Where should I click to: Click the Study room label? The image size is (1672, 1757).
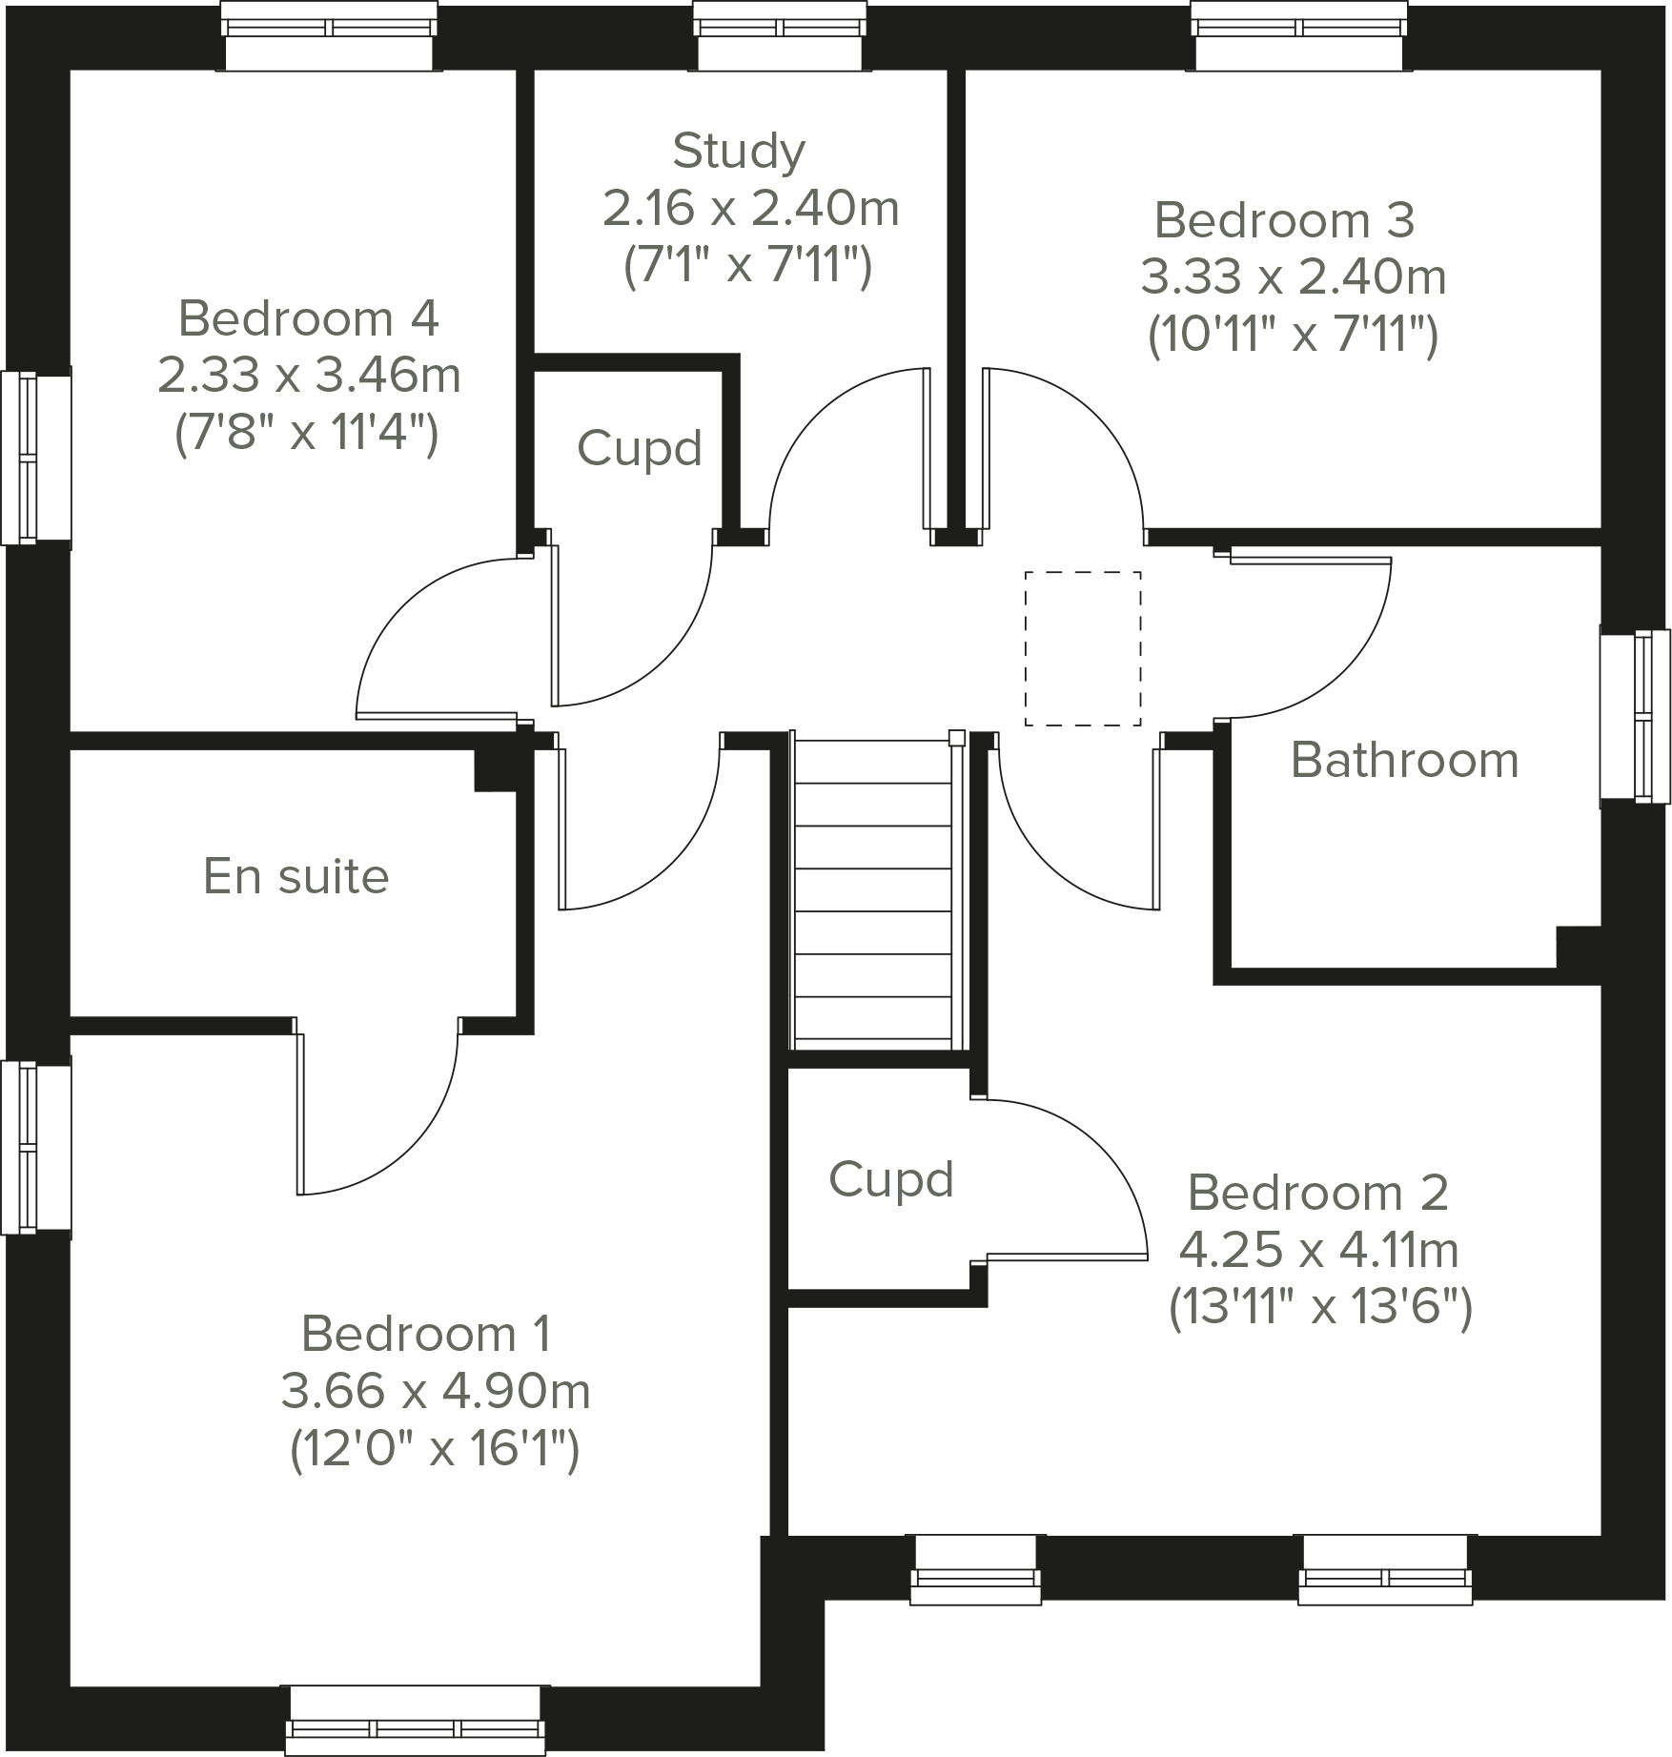pos(739,151)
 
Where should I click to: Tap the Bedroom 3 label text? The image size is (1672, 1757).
pos(1284,220)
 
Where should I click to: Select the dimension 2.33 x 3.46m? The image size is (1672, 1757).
pos(309,376)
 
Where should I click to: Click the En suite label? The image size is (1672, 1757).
pos(296,876)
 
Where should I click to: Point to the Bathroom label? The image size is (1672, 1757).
pos(1404,760)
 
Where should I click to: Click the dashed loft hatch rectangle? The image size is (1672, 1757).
pos(1083,648)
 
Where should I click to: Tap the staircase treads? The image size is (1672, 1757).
pos(873,891)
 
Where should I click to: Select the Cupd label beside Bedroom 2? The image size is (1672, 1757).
pos(890,1179)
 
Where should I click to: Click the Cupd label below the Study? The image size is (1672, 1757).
pos(639,448)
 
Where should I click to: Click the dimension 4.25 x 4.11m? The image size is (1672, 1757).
pos(1318,1249)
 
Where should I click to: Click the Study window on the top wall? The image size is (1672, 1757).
pos(781,36)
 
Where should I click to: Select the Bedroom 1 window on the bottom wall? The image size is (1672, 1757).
pos(415,1720)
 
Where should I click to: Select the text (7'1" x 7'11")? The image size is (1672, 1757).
pos(747,266)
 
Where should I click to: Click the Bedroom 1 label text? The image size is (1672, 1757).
pos(425,1334)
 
